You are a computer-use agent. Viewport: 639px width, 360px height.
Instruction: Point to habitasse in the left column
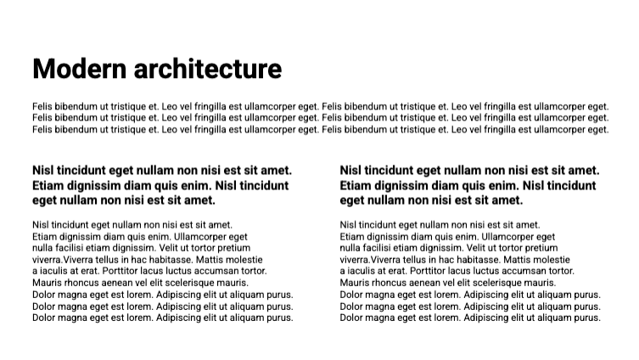171,260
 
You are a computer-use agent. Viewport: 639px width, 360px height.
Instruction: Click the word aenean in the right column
424,283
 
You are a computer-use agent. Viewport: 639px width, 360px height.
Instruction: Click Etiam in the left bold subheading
50,185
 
